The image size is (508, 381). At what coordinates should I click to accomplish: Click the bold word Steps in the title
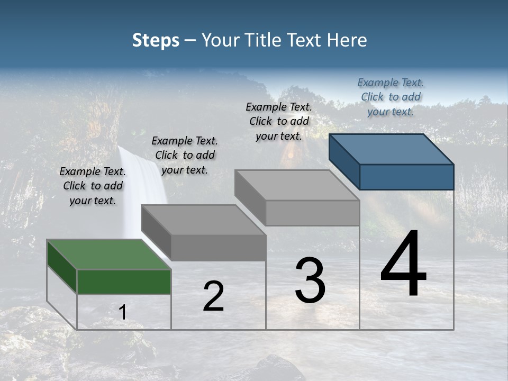click(x=156, y=40)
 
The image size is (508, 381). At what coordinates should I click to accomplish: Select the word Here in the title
click(x=347, y=40)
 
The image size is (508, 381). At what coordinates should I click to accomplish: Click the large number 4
click(x=404, y=265)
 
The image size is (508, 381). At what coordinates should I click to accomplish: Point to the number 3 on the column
click(x=310, y=280)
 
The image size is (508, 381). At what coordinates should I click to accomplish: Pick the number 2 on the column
click(x=213, y=296)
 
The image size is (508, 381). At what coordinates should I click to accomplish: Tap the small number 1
click(x=123, y=313)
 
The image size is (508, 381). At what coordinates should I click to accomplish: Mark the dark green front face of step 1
click(x=124, y=282)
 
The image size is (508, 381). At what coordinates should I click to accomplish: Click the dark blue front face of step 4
click(x=406, y=177)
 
